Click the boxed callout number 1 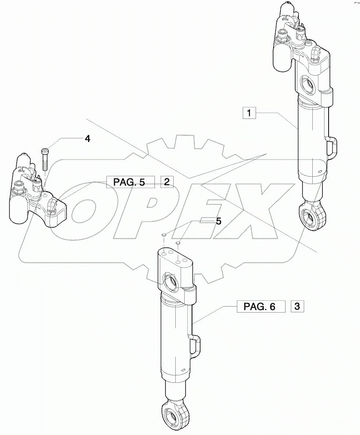pyautogui.click(x=249, y=112)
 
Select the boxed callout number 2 pyautogui.click(x=167, y=182)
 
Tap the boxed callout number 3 pyautogui.click(x=297, y=306)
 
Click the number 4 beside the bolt pyautogui.click(x=87, y=139)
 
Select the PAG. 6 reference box pyautogui.click(x=261, y=306)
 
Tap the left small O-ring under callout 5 pyautogui.click(x=163, y=235)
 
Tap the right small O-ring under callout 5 pyautogui.click(x=178, y=244)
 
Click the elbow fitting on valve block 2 pyautogui.click(x=52, y=203)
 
